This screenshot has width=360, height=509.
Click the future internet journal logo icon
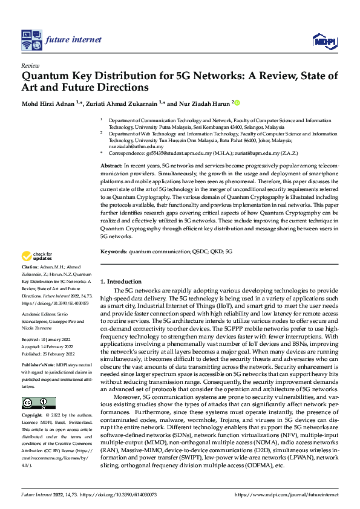[x=31, y=40]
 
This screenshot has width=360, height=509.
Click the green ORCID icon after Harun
[x=237, y=103]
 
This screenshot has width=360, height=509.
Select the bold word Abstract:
[x=111, y=165]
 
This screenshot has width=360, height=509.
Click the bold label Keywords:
[x=113, y=251]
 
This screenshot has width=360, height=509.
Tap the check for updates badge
[x=38, y=257]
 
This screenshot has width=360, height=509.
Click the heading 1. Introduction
[x=120, y=282]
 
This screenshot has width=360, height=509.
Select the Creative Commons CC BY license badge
[x=38, y=403]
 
